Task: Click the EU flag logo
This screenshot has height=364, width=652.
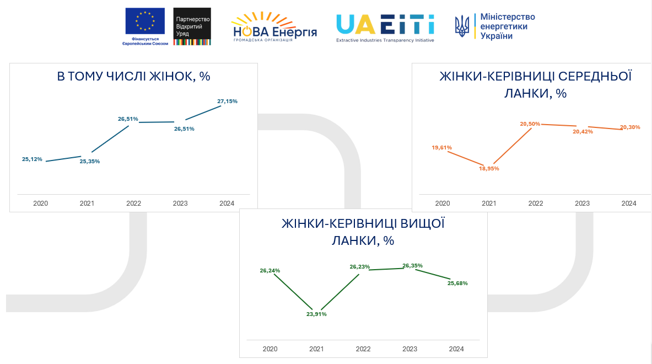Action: click(x=145, y=22)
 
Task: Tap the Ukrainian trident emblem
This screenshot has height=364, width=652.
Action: click(x=462, y=26)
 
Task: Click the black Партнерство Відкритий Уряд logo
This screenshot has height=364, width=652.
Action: click(x=192, y=26)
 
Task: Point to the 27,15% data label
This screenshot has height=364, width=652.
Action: click(x=227, y=101)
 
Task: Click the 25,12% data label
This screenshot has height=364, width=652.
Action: click(x=32, y=159)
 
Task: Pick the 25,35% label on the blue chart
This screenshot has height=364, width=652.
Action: click(x=90, y=162)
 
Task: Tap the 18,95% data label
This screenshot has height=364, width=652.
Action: click(x=489, y=169)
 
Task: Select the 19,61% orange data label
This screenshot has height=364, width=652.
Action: click(x=442, y=148)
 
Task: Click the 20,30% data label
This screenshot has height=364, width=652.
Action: click(x=630, y=127)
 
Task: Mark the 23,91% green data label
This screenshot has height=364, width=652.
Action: click(x=316, y=314)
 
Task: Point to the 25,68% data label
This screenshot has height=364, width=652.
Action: click(x=457, y=283)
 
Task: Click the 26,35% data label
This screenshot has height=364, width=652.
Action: click(x=412, y=266)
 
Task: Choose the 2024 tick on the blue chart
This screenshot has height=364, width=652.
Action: click(x=227, y=204)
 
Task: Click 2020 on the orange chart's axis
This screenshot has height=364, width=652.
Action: click(x=442, y=204)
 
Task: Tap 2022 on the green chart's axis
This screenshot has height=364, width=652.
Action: click(x=363, y=349)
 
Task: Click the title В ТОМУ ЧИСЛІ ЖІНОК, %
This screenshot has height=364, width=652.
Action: click(x=133, y=76)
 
